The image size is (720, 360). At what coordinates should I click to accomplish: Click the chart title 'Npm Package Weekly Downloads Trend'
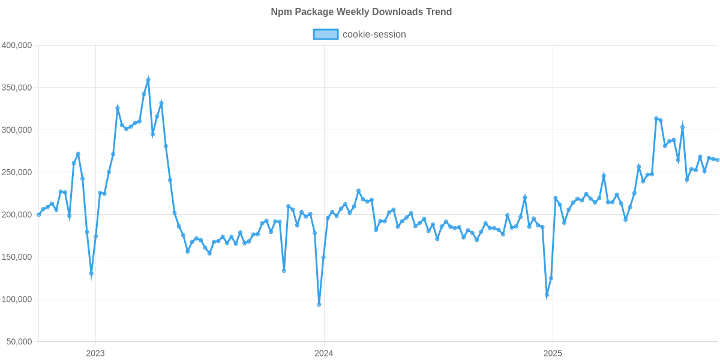[361, 12]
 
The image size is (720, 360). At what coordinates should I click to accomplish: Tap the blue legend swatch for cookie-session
[325, 35]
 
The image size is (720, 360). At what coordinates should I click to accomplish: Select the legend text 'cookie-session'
[374, 35]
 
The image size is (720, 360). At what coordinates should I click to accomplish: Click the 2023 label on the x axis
[95, 353]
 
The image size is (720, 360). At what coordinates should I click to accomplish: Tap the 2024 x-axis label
[323, 353]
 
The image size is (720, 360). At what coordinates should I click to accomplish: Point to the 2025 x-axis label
[552, 353]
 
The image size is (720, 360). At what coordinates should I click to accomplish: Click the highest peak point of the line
[148, 79]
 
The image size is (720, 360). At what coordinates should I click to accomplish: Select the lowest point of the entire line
[319, 305]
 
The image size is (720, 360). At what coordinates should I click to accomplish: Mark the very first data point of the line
[39, 214]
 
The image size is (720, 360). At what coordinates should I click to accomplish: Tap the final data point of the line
[718, 160]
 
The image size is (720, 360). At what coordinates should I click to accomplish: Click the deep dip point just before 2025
[547, 295]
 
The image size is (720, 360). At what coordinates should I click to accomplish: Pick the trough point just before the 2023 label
[91, 274]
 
